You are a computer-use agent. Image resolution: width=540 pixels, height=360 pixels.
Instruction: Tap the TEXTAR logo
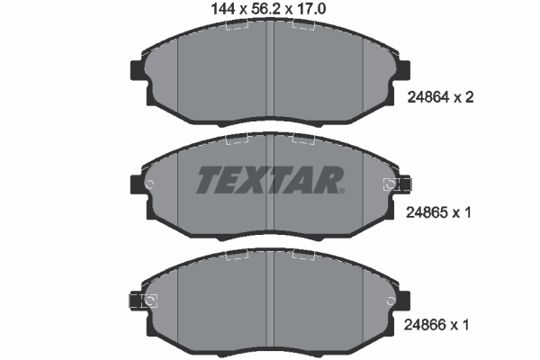269,180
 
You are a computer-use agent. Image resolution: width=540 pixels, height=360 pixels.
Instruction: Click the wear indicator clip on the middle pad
391,184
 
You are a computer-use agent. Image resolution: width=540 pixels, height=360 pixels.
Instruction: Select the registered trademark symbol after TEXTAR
341,190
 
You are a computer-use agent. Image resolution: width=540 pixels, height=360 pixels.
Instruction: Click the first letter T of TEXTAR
209,180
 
